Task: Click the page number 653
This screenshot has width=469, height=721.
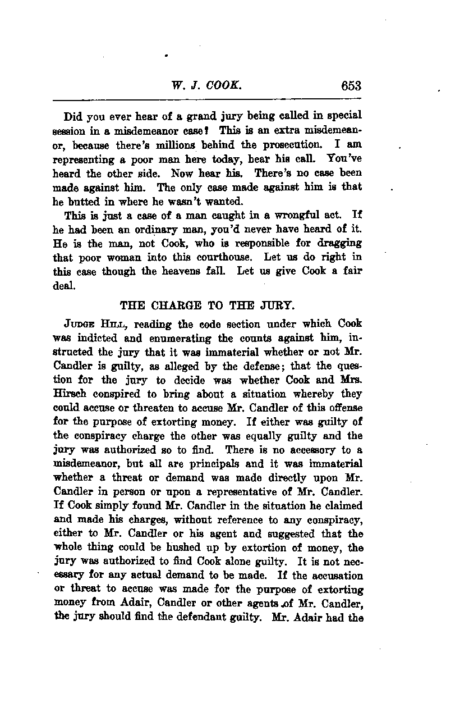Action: (x=350, y=86)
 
